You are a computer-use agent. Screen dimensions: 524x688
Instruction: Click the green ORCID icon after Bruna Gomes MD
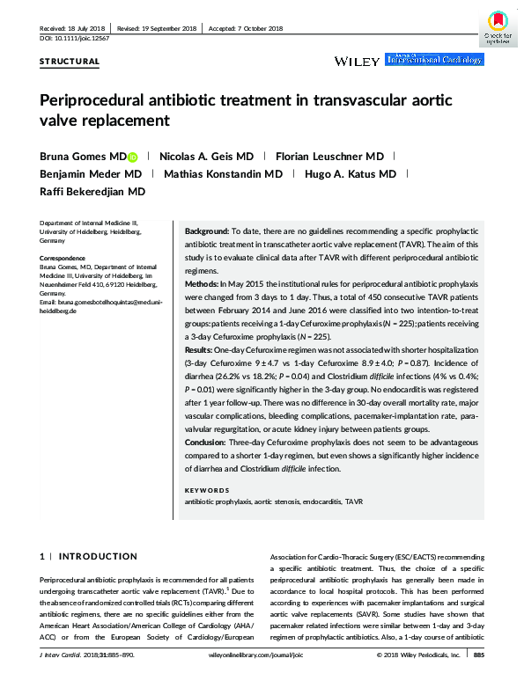tap(133, 157)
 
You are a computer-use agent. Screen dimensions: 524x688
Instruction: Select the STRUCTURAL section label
tap(70, 62)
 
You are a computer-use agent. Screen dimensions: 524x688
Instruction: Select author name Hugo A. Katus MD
tap(351, 174)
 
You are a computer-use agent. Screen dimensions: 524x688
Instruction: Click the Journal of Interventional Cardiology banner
tap(434, 59)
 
